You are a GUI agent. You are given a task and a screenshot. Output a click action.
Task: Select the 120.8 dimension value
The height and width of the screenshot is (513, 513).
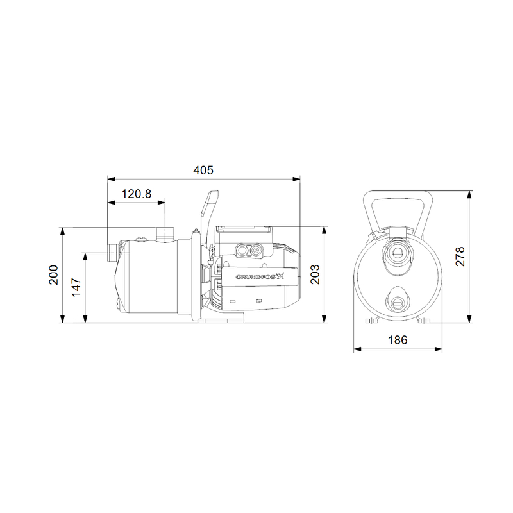pyautogui.click(x=137, y=194)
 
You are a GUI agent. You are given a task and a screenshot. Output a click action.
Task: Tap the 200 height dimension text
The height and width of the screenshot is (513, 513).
pyautogui.click(x=53, y=274)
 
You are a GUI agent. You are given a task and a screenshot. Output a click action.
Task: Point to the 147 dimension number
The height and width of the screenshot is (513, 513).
pyautogui.click(x=76, y=286)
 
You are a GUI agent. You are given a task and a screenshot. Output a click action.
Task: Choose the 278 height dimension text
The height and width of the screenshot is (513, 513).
pyautogui.click(x=460, y=256)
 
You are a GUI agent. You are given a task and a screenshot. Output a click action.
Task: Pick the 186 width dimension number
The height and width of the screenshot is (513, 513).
pyautogui.click(x=398, y=341)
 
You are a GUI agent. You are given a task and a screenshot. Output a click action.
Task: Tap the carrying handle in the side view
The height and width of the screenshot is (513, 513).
pyautogui.click(x=208, y=208)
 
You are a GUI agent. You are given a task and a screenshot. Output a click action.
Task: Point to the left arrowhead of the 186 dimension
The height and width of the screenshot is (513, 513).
pyautogui.click(x=357, y=350)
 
